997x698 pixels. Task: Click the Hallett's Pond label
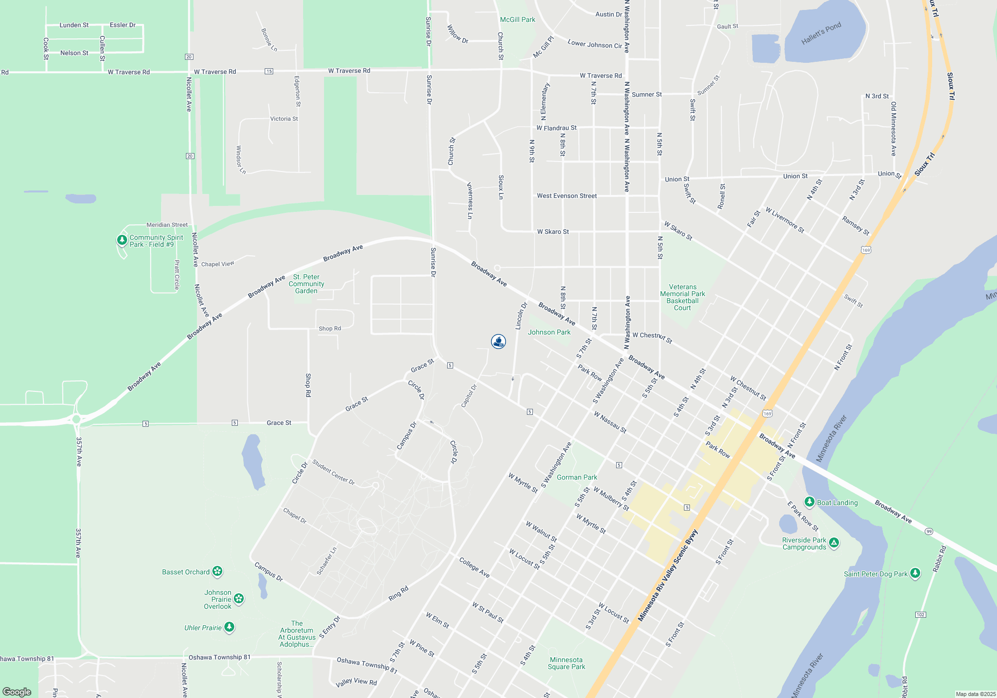(821, 33)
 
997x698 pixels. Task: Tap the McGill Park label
(517, 19)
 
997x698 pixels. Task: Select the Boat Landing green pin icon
(810, 502)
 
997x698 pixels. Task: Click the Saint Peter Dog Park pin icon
(915, 573)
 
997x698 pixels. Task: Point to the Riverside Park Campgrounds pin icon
(834, 542)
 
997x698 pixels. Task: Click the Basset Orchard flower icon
(217, 571)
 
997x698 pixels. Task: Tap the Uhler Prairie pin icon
(229, 627)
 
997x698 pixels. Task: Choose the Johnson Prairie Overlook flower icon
(239, 598)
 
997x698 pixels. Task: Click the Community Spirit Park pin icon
(122, 240)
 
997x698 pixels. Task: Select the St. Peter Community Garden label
(306, 284)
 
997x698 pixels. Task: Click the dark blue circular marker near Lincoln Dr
(498, 342)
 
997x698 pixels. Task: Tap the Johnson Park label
(549, 332)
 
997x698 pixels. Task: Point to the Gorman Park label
(577, 477)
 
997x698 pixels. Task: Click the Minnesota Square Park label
(566, 663)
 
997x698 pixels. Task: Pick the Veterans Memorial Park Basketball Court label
(682, 297)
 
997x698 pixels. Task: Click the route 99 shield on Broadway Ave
(929, 531)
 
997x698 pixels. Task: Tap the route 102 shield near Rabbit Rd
(920, 615)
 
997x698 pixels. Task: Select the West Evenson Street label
(567, 196)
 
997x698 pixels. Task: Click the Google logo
(17, 692)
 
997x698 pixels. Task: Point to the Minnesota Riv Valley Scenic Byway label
(668, 575)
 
